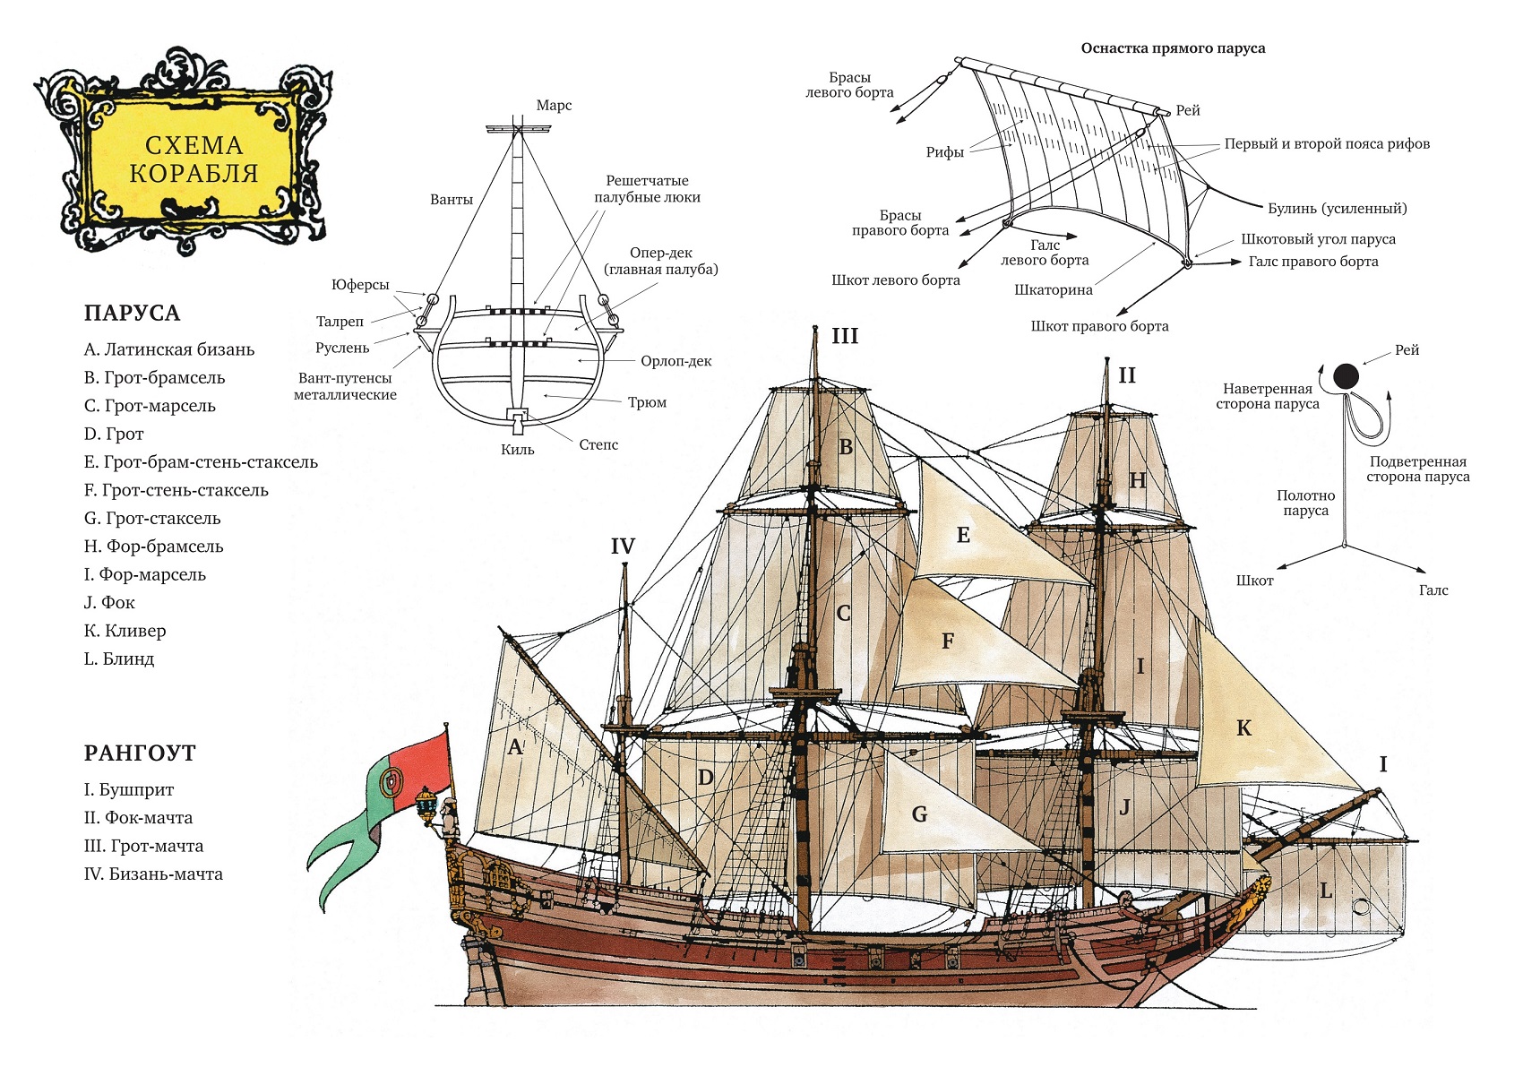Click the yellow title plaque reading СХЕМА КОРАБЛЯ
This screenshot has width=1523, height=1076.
point(193,159)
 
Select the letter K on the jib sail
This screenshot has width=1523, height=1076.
point(1243,728)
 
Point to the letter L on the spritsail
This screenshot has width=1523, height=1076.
point(1326,891)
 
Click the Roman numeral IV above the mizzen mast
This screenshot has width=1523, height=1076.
point(623,547)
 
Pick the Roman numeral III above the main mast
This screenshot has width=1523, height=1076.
point(844,336)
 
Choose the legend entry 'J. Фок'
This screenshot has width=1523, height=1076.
point(109,603)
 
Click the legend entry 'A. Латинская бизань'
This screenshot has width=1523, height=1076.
point(169,349)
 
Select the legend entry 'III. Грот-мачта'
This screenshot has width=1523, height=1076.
point(143,846)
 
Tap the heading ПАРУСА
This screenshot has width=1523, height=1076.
point(132,314)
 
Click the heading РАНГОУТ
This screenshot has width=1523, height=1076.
point(140,753)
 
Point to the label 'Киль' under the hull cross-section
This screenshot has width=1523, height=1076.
point(517,450)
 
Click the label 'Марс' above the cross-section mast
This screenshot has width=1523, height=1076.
point(554,106)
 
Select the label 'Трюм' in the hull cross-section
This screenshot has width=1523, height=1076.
point(647,402)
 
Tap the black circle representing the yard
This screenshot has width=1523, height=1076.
point(1346,376)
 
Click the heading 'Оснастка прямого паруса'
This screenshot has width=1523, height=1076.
point(1173,48)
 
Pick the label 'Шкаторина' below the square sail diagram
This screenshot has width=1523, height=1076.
point(1054,290)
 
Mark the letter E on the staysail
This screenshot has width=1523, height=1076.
point(963,536)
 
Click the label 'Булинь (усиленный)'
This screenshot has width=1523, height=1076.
point(1337,209)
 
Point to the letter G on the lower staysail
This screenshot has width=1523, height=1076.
point(919,814)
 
